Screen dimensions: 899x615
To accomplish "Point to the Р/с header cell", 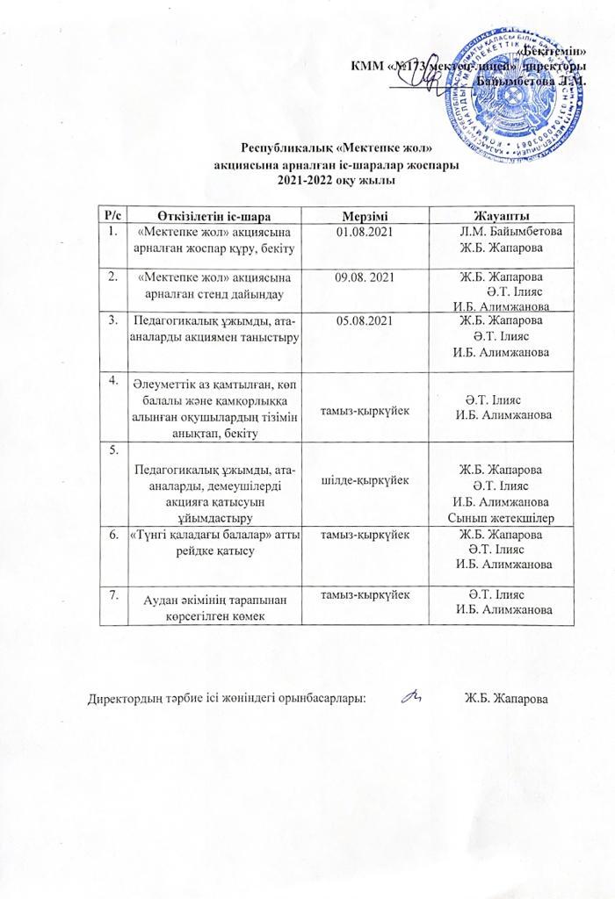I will [112, 216].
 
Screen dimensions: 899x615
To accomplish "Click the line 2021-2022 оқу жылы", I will [312, 179].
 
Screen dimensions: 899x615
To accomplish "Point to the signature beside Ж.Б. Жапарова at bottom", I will [410, 698].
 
